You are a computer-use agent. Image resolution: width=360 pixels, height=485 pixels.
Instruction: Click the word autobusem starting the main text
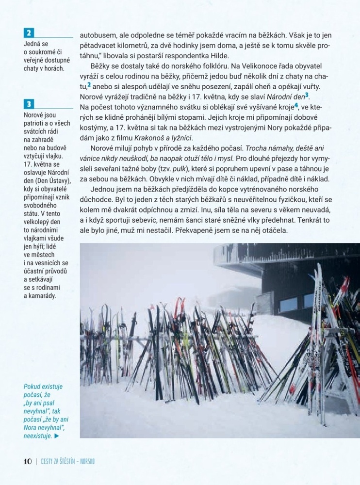click(99, 35)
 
